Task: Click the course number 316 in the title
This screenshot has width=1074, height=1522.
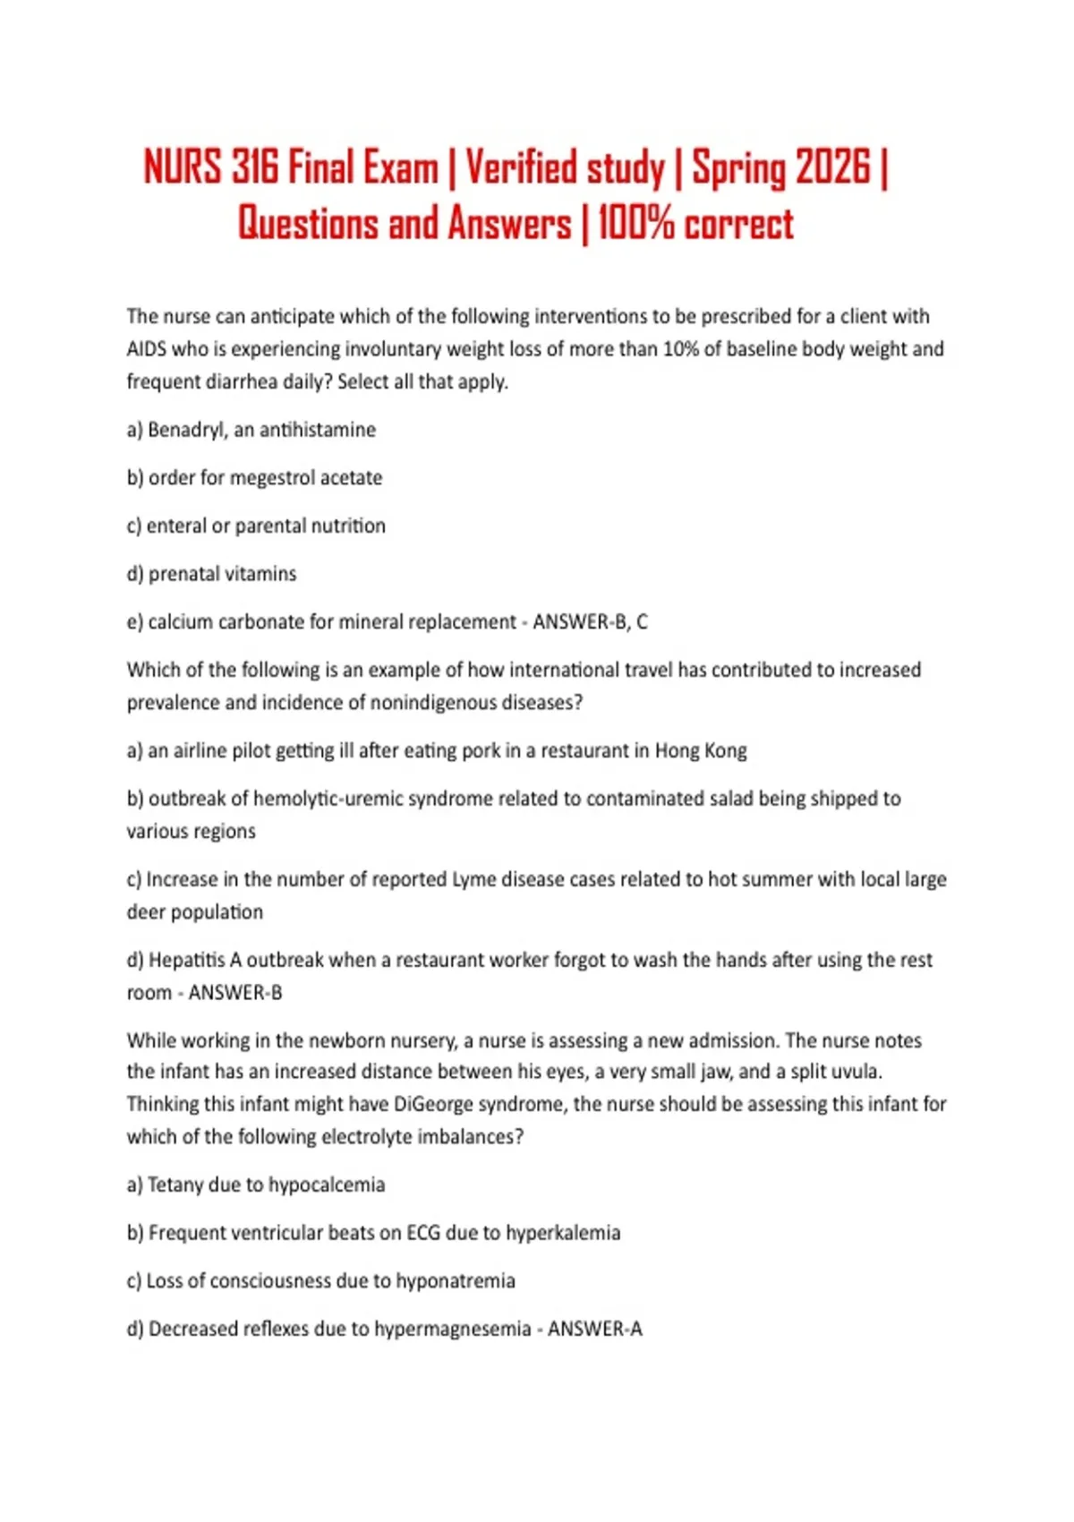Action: pos(254,167)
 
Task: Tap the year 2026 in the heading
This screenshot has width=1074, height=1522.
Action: pos(832,167)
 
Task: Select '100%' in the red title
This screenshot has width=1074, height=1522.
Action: pos(635,224)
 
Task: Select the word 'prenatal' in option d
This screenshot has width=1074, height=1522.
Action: pos(183,574)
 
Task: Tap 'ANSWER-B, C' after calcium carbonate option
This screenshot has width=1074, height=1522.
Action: pos(590,622)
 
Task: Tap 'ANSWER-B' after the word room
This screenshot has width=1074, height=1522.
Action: pos(234,993)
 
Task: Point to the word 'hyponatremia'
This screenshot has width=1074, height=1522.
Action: pos(456,1281)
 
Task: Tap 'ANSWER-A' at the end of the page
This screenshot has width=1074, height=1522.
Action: pos(595,1329)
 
